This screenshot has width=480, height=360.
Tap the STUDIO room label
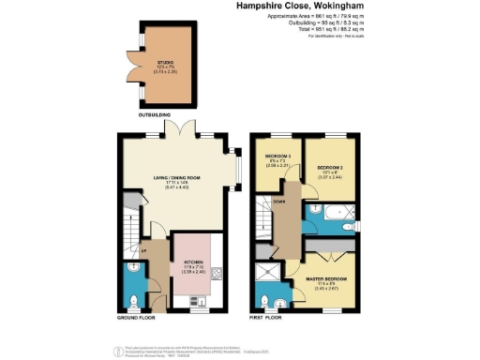pos(164,64)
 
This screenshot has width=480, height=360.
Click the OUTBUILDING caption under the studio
pos(155,115)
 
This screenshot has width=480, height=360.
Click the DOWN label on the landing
pos(279,202)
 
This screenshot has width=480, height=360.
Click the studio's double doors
pos(136,67)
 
